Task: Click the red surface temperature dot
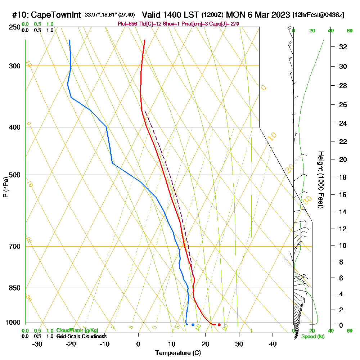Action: click(219, 325)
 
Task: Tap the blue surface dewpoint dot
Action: click(193, 325)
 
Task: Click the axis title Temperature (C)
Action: click(178, 353)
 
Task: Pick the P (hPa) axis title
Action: click(5, 187)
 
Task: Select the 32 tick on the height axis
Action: click(343, 47)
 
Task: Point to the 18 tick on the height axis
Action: click(343, 177)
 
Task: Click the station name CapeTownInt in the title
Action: click(56, 15)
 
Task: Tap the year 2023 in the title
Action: click(278, 15)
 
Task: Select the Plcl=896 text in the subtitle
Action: click(128, 24)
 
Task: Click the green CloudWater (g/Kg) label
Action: click(77, 330)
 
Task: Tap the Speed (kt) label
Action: click(312, 337)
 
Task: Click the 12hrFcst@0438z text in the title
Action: click(319, 15)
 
